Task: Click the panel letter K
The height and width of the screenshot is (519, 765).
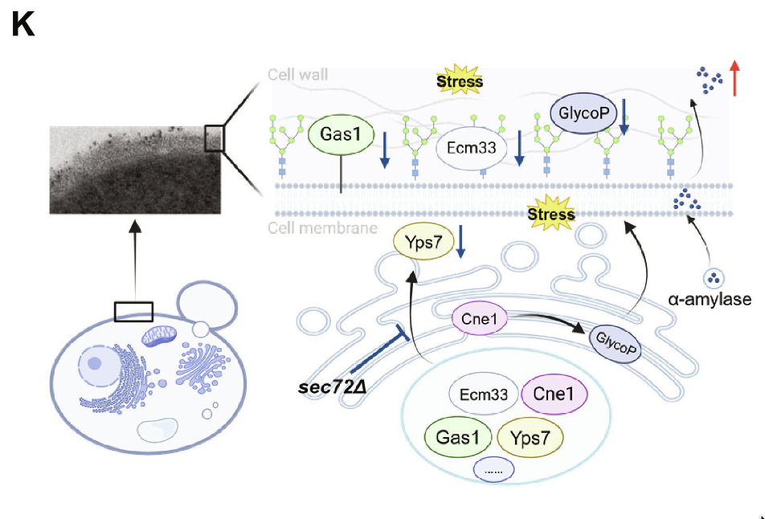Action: [23, 26]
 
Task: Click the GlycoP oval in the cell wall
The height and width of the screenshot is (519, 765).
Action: [583, 113]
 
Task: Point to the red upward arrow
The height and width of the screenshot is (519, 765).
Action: [734, 78]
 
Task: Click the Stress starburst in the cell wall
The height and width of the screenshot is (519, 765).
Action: [460, 81]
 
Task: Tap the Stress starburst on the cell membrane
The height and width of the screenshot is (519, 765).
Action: [551, 214]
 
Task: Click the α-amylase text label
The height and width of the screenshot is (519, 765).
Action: [710, 300]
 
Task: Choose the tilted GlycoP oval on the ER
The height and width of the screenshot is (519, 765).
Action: [615, 343]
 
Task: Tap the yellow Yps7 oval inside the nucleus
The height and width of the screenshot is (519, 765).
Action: [530, 437]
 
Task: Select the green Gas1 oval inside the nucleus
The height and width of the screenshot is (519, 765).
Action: [456, 437]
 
